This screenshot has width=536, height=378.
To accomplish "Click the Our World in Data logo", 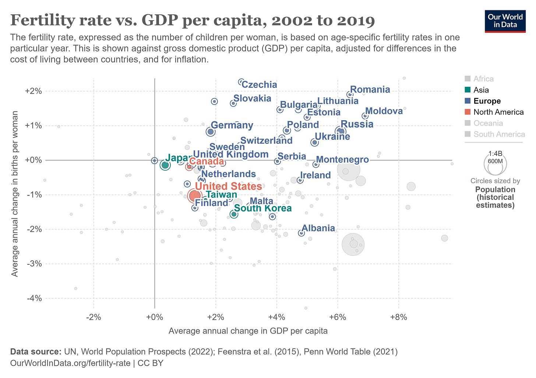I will [x=505, y=21].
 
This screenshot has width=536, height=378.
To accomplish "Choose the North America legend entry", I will [x=498, y=112].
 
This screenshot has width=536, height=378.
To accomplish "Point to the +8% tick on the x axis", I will [x=398, y=317].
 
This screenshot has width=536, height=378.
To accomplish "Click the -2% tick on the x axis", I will [x=94, y=317].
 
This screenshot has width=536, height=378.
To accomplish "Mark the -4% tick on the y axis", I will [x=34, y=298].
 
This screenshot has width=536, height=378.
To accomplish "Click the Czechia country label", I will [x=260, y=85].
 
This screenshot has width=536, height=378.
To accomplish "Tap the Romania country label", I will [x=370, y=90].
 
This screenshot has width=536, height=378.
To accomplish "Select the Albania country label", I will [x=318, y=228].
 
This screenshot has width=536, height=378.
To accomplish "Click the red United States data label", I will [x=228, y=186].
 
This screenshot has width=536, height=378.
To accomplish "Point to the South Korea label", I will [x=263, y=208].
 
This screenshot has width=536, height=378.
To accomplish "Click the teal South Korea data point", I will [x=233, y=214].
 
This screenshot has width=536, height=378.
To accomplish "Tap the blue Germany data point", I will [x=210, y=132].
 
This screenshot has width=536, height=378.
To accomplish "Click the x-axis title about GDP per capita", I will [x=248, y=331].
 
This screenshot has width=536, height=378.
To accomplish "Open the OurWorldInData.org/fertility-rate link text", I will [x=70, y=363].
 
